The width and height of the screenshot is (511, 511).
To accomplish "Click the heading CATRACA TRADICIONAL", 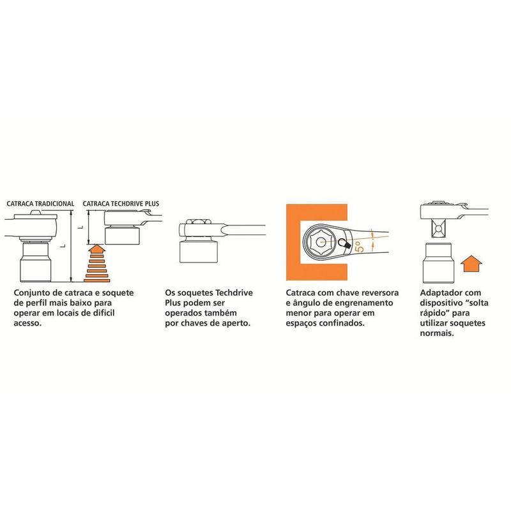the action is click(40, 204).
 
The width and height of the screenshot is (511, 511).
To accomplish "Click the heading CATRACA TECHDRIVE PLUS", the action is click(121, 204).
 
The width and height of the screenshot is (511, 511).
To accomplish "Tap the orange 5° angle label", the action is click(361, 247).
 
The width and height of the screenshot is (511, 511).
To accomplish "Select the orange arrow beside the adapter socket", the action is click(471, 263).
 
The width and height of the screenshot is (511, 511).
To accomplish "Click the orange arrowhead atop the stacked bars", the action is click(97, 249).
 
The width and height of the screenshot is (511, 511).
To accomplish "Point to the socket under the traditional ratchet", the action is click(35, 262).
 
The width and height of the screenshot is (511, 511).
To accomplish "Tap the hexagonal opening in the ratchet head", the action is click(321, 242).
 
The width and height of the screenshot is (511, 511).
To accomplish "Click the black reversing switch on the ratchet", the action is click(344, 244).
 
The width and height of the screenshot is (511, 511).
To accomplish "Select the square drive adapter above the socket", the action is click(438, 229).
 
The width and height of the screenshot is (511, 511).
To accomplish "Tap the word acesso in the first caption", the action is click(27, 323).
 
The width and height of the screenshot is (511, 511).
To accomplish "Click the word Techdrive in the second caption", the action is click(234, 293).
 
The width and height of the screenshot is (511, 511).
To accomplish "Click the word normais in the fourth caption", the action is click(437, 333).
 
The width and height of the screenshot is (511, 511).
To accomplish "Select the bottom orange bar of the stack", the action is click(97, 280).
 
